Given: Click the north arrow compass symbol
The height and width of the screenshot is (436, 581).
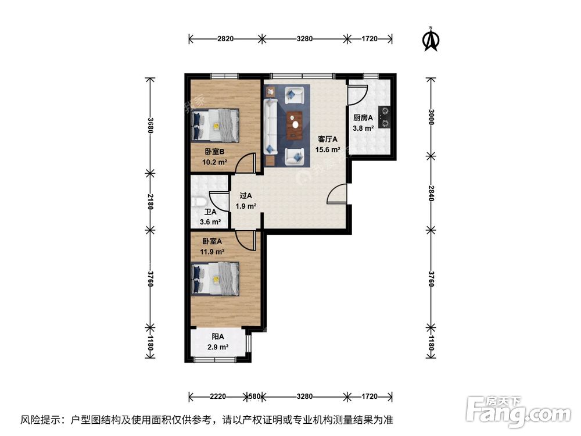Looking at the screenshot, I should click(431, 39).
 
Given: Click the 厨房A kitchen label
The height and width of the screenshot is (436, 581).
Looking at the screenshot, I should click(363, 118).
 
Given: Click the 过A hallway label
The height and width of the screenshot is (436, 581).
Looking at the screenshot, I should click(246, 196).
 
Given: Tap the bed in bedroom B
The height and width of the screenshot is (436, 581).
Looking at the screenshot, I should click(216, 126).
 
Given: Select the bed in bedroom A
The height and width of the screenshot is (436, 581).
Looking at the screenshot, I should click(216, 279).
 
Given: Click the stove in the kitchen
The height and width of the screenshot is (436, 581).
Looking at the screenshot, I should click(383, 117).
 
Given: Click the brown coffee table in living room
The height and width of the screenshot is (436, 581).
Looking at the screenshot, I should click(296, 123).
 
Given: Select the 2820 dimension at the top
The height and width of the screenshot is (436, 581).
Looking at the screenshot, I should click(225, 39).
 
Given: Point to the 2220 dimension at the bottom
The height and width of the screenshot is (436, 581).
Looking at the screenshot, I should click(218, 396).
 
